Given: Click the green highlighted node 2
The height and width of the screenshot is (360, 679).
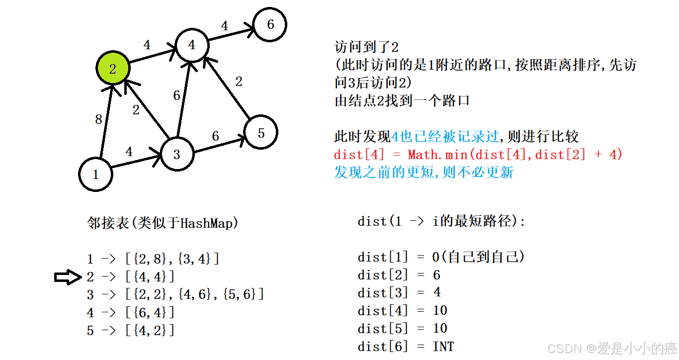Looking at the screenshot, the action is click(112, 69).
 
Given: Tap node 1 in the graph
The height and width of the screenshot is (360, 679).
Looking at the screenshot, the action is click(95, 174).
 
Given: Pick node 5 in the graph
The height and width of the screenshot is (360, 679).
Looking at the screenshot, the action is click(261, 133).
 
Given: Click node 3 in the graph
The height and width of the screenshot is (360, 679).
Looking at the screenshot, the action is click(176, 154).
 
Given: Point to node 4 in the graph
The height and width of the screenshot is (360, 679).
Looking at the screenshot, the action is click(192, 45).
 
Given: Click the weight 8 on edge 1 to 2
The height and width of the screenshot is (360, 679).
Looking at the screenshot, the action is click(98, 119).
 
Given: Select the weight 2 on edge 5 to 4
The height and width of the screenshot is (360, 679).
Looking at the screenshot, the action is click(239, 82).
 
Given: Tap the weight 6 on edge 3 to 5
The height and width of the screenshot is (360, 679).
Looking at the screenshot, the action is click(215, 136).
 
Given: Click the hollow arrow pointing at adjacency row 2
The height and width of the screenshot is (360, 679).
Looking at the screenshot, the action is click(68, 277).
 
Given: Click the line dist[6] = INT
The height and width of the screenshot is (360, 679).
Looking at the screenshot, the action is click(406, 346).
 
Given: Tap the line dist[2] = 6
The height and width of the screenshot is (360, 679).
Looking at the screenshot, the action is click(399, 275).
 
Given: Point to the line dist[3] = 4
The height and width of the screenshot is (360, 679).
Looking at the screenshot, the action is click(399, 292).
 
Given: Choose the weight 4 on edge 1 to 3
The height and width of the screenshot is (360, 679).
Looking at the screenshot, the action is click(129, 152).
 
